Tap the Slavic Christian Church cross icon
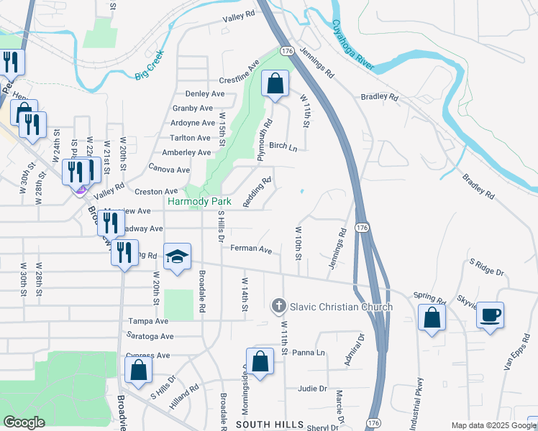(x=279, y=307)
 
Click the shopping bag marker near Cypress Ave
(x=138, y=369)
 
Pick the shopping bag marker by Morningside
(x=260, y=361)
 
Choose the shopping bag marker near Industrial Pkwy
(x=431, y=318)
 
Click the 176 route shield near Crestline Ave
(x=286, y=51)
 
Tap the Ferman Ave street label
(x=251, y=250)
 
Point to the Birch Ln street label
(x=283, y=146)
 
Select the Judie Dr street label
(x=312, y=389)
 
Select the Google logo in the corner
(x=24, y=422)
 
